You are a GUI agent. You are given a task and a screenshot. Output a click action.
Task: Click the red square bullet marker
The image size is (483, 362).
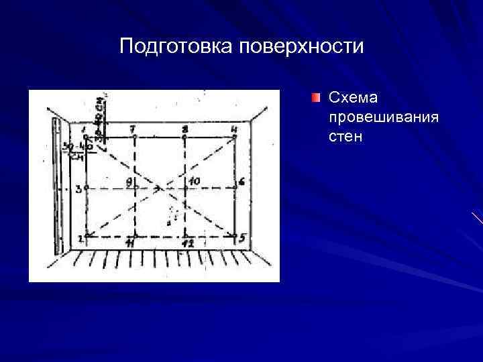pos(316,99)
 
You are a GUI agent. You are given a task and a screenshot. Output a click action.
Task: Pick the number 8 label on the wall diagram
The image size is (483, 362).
pos(184,128)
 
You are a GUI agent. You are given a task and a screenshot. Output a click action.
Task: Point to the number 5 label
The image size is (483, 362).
pos(242,237)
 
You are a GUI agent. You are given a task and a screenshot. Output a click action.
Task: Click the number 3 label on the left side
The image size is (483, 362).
pos(78,189)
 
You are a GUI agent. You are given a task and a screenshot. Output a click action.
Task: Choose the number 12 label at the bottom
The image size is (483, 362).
pos(189,244)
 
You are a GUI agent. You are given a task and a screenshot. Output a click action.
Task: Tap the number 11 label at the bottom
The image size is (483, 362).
pos(130,244)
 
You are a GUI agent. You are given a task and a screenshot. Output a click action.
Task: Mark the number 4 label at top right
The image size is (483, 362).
pos(233,128)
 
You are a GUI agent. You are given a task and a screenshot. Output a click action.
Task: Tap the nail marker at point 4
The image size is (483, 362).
pos(235,137)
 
